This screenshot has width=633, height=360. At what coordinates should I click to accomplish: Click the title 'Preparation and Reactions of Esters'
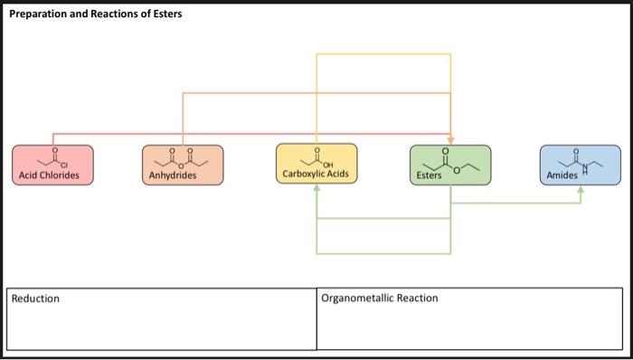pyautogui.click(x=95, y=14)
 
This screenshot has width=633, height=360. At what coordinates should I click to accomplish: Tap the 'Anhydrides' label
pyautogui.click(x=172, y=175)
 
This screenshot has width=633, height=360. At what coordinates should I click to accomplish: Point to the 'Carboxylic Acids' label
pyautogui.click(x=316, y=174)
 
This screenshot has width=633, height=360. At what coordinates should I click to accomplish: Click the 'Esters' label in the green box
pyautogui.click(x=430, y=175)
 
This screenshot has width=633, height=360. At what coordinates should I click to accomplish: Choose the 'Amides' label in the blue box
pyautogui.click(x=562, y=175)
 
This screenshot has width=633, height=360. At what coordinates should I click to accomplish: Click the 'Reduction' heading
pyautogui.click(x=35, y=298)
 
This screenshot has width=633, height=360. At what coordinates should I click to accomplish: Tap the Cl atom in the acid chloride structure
pyautogui.click(x=65, y=164)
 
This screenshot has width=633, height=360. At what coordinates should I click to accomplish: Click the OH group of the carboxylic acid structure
pyautogui.click(x=326, y=164)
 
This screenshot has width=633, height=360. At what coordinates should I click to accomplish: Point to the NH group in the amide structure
pyautogui.click(x=583, y=167)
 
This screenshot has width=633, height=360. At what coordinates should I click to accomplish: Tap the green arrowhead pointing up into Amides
pyautogui.click(x=581, y=190)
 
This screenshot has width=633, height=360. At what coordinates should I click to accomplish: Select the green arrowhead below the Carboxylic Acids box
pyautogui.click(x=316, y=189)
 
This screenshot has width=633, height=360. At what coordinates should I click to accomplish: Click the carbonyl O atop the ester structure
pyautogui.click(x=444, y=150)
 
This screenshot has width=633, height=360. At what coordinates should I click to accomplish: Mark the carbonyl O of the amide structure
pyautogui.click(x=575, y=151)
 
